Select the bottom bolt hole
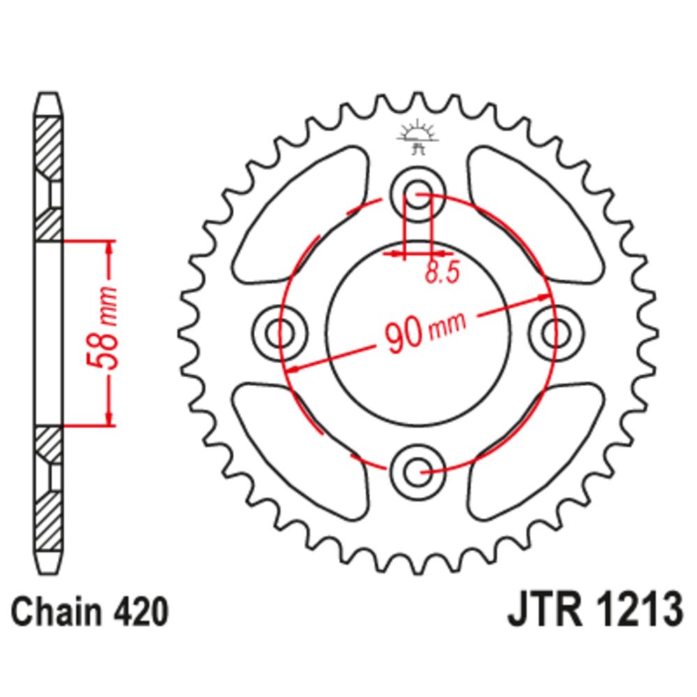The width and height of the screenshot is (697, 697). pyautogui.click(x=418, y=472)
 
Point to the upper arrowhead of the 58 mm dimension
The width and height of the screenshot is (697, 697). pyautogui.click(x=109, y=248)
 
